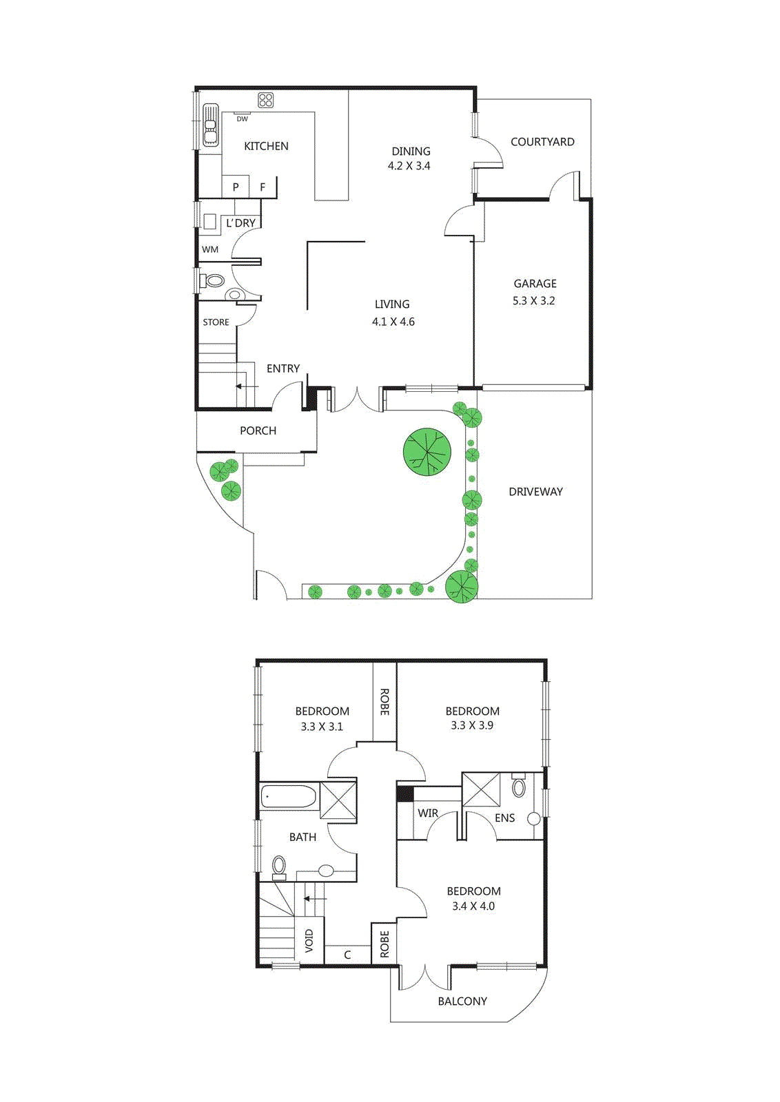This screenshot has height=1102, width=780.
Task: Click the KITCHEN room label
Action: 266,146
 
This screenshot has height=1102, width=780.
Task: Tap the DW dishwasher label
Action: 243,119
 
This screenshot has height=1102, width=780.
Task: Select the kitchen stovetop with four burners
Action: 266,101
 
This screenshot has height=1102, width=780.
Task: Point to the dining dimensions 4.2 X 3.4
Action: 409,166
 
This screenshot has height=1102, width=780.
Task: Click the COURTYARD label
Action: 542,142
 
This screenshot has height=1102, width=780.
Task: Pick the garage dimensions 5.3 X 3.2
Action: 533,301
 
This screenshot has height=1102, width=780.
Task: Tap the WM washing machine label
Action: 210,249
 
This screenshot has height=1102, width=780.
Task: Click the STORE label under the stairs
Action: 216,322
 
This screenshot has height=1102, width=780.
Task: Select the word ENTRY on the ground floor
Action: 283,368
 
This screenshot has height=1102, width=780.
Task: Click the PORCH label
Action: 258,430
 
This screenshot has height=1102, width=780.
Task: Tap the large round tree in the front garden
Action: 427,453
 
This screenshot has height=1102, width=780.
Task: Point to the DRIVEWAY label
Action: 535,492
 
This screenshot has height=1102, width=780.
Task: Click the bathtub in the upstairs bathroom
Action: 289,797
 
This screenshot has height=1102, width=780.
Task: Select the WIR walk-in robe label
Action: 428,813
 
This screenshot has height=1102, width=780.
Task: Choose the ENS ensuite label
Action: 505,818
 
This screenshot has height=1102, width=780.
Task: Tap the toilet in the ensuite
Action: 519,787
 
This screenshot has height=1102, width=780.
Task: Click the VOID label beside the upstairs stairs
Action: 309,940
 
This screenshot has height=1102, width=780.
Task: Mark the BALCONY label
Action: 462,1001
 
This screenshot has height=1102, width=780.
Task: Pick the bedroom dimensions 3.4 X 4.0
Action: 473,906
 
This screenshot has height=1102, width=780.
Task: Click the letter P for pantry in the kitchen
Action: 236,187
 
